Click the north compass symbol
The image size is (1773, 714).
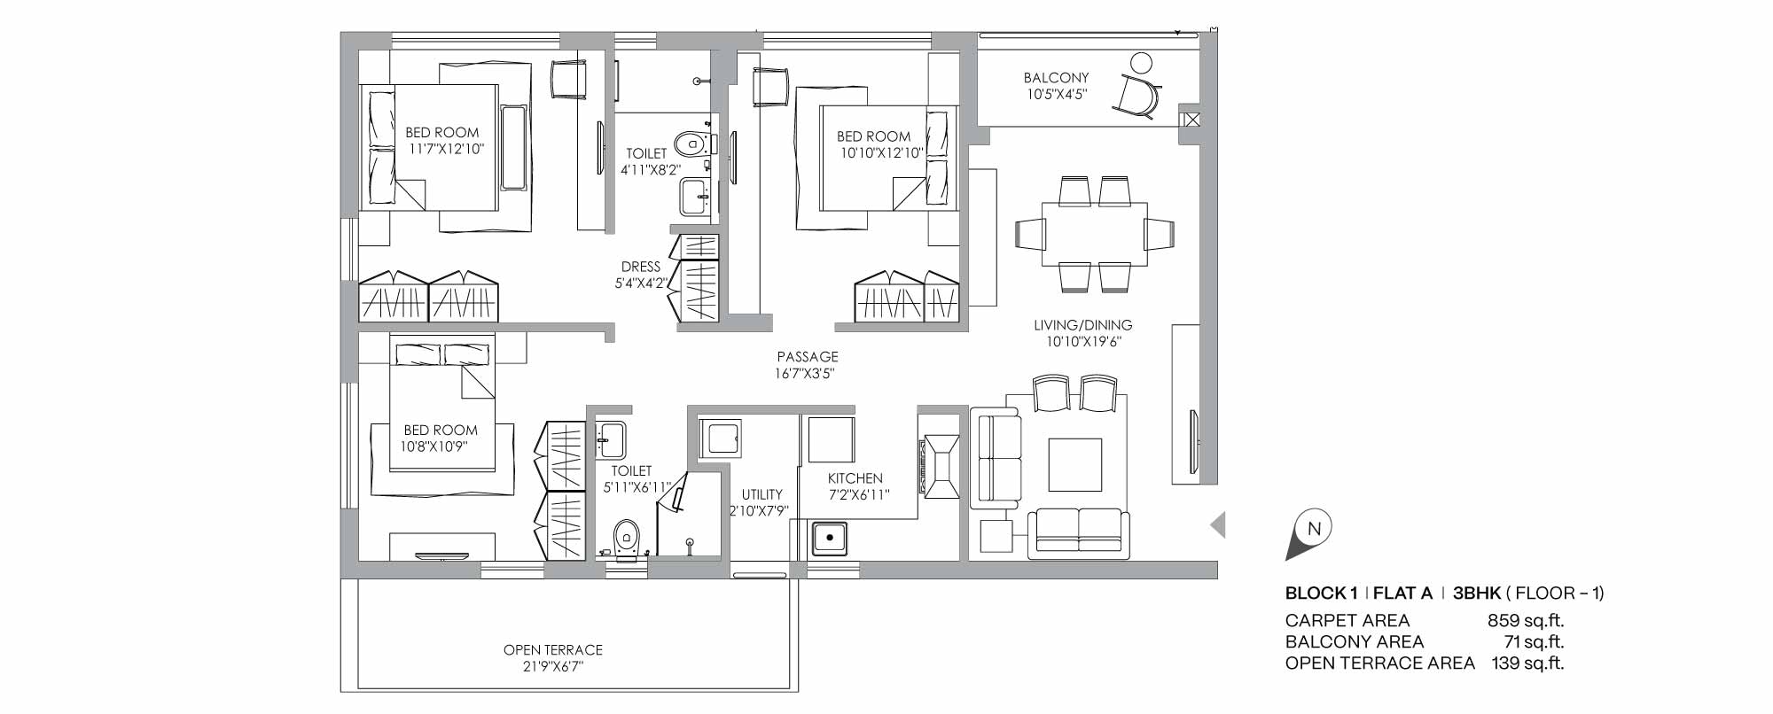click(1311, 534)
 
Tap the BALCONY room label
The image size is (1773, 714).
click(1056, 78)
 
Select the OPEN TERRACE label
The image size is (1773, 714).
click(553, 650)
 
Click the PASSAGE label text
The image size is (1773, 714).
click(807, 357)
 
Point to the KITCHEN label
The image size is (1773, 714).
click(855, 478)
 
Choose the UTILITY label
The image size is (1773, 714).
click(762, 494)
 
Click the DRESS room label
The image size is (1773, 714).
click(641, 267)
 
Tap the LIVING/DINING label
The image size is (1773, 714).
click(1083, 325)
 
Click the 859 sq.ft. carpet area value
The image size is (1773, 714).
click(1526, 621)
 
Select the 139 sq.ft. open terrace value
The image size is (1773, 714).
click(1527, 663)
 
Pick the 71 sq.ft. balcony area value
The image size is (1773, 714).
click(1534, 642)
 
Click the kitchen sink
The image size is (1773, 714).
click(830, 538)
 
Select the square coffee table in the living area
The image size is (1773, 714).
click(1075, 464)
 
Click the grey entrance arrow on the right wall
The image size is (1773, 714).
click(1218, 525)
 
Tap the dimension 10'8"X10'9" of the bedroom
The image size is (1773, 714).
click(433, 447)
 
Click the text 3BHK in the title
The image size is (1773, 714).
click(1476, 594)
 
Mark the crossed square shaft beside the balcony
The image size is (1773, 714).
click(1190, 118)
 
